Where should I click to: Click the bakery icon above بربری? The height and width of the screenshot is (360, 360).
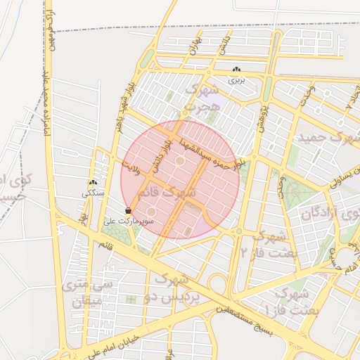click(236, 70)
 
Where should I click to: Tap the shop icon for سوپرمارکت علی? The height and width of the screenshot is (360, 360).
click(128, 210)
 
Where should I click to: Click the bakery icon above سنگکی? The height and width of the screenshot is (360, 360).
click(93, 182)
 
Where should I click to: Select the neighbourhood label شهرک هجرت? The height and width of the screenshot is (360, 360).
click(198, 99)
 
